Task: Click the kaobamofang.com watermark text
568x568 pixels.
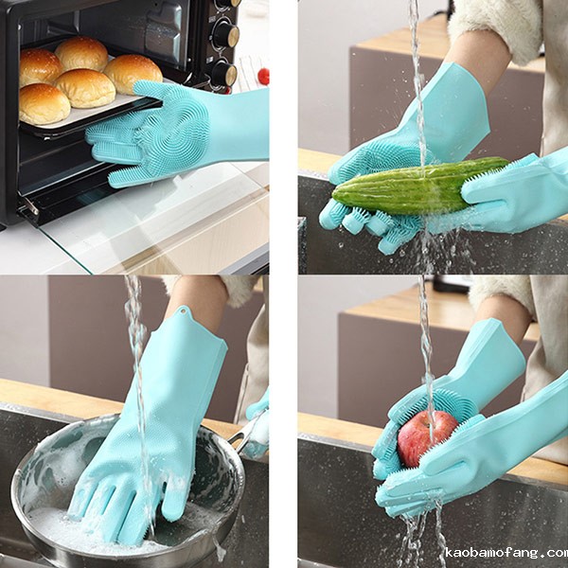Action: pos(506,553)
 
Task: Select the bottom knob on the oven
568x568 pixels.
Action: pos(225,74)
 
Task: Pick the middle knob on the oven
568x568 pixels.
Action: pos(226,34)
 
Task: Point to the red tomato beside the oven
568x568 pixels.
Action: pos(264,76)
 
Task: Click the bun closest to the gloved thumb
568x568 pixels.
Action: pos(133,73)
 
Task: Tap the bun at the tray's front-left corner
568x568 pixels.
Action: pos(44,104)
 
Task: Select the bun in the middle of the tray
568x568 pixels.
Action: pos(85,88)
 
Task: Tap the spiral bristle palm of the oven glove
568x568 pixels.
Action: pos(173,134)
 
